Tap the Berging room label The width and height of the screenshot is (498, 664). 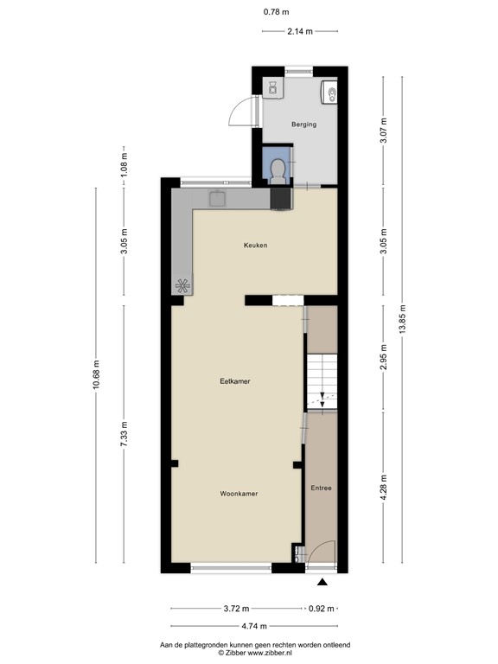click(x=303, y=124)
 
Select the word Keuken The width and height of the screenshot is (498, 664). click(x=255, y=246)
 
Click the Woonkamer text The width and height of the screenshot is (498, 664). click(x=239, y=494)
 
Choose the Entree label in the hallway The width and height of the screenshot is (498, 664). click(x=321, y=488)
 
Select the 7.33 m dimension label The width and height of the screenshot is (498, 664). click(x=125, y=432)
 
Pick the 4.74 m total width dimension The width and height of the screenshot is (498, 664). click(x=254, y=626)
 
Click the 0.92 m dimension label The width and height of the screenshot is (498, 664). click(x=322, y=609)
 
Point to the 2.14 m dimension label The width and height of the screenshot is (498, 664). click(x=300, y=33)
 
